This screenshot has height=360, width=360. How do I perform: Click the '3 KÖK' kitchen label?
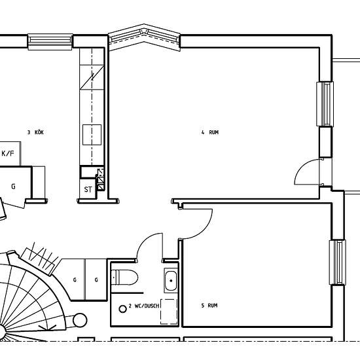[35, 132]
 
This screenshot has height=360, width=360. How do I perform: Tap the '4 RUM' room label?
[210, 132]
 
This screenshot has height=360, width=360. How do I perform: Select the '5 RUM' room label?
[209, 306]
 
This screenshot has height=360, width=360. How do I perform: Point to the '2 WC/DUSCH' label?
[144, 306]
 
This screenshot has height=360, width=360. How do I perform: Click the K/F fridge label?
[8, 153]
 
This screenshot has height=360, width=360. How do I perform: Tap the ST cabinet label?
[88, 189]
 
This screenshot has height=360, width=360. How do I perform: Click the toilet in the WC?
[124, 277]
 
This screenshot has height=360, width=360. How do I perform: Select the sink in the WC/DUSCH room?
[171, 280]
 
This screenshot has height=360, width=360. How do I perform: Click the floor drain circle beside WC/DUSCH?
[123, 309]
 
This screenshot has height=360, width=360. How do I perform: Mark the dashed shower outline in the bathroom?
[170, 312]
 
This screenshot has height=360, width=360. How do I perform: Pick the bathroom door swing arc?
[144, 240]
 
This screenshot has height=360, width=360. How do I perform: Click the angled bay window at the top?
[144, 37]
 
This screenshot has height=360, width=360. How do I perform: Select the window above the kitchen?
[50, 41]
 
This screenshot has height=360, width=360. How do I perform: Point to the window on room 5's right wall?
[338, 262]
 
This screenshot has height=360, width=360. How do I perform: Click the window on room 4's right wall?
[325, 104]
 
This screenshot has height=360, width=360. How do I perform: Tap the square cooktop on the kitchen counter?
[92, 135]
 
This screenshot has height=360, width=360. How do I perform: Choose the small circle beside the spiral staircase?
[80, 320]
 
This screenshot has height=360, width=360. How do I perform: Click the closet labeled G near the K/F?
[13, 187]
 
